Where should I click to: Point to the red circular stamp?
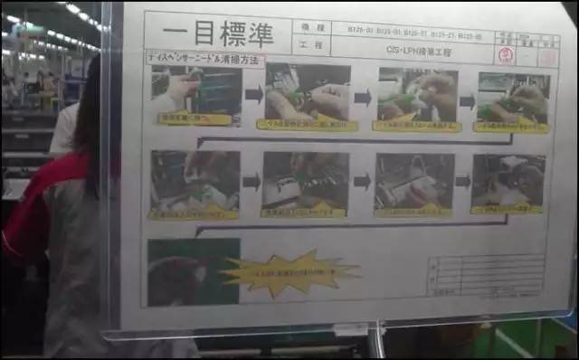(507, 54)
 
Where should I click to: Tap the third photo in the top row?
(417, 93)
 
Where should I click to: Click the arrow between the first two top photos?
(253, 93)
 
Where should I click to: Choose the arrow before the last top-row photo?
(468, 101)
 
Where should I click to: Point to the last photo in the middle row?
(508, 179)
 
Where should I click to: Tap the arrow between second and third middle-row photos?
(362, 181)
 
